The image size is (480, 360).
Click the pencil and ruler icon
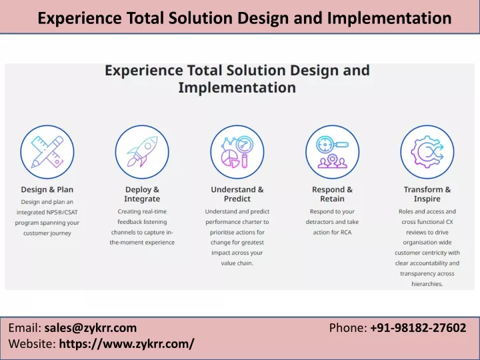point(47,152)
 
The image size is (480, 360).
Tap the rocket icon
point(142,152)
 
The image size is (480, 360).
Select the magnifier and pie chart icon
point(237,152)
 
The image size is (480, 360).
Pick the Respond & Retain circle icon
point(332,152)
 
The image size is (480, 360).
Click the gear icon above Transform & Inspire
point(427,152)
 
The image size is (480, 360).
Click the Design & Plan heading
point(47,190)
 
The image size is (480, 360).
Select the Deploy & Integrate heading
point(142,194)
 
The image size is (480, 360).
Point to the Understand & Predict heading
point(237,194)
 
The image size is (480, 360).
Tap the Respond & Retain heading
point(332,194)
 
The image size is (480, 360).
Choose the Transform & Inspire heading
point(427,194)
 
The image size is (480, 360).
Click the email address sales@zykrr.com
point(91,328)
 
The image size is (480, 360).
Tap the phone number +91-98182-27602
point(418,328)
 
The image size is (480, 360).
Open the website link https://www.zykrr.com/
point(127,343)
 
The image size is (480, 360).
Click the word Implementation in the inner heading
point(237,87)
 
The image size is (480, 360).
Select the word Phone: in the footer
point(347,328)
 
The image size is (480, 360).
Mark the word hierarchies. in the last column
point(427,284)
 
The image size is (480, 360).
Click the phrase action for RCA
point(332,232)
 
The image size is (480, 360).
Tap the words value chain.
point(237,263)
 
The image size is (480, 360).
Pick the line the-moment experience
point(142,243)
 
